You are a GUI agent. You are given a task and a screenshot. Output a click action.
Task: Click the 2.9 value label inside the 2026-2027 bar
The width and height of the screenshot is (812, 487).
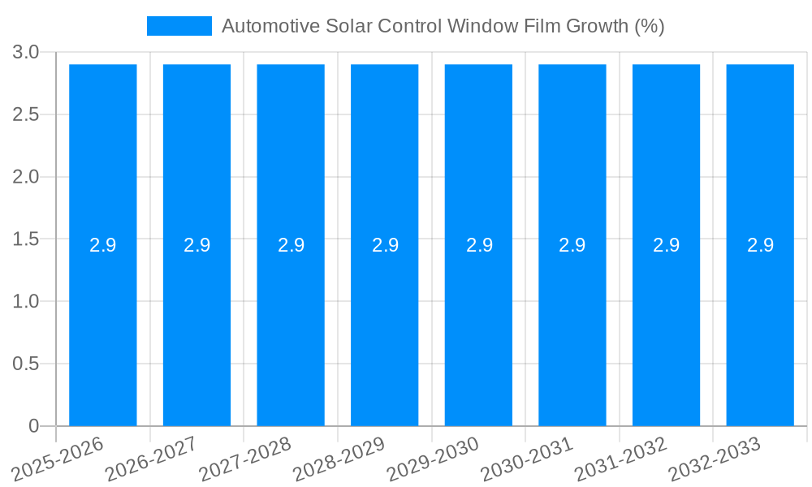197,245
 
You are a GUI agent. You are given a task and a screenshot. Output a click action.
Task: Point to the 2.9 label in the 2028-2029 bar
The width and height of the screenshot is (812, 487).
385,245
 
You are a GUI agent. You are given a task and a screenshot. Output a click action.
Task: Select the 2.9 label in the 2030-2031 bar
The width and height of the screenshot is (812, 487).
572,245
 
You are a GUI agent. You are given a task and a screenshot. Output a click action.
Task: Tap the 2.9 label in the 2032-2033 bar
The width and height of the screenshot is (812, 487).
760,245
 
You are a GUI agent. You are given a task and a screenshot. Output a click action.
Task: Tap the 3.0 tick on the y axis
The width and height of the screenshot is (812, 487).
26,53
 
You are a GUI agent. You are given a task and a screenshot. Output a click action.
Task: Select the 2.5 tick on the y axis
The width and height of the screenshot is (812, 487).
26,115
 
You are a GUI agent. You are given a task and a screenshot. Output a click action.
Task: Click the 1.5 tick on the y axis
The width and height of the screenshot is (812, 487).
26,239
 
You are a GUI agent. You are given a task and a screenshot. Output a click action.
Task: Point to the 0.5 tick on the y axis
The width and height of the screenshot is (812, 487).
26,364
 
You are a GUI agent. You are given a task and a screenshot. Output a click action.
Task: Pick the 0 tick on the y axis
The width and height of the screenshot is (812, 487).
34,426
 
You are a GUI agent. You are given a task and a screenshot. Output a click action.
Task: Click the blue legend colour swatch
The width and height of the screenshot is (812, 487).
179,26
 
